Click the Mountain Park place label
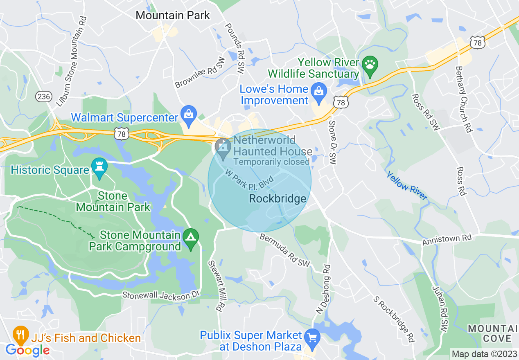(172, 16)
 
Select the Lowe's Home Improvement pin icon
(318, 92)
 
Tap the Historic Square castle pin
(99, 168)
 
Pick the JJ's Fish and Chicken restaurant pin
(20, 335)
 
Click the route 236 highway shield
(43, 97)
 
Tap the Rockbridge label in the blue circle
(278, 199)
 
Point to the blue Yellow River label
(407, 186)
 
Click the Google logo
(27, 350)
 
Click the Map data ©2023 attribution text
(484, 354)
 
